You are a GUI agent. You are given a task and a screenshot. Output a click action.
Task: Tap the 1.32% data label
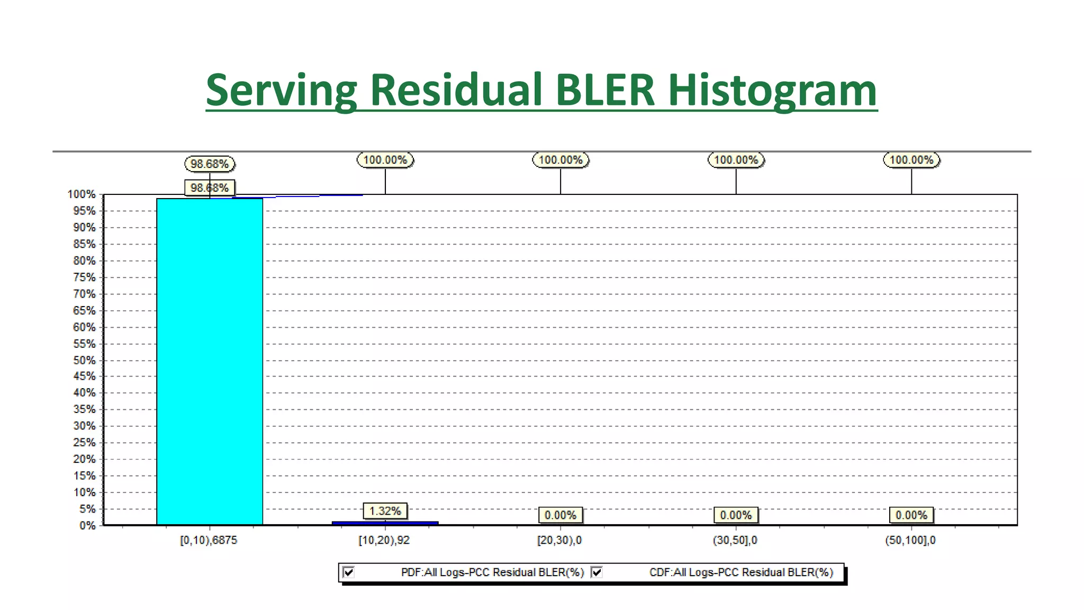click(385, 511)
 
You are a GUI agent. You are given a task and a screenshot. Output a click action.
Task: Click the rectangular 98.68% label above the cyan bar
click(210, 188)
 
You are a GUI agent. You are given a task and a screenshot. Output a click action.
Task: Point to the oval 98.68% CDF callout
click(210, 164)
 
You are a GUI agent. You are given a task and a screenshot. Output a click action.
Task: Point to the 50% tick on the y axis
click(85, 361)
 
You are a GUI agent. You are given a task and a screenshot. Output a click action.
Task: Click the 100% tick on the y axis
click(82, 195)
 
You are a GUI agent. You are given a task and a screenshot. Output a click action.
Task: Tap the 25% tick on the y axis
click(85, 443)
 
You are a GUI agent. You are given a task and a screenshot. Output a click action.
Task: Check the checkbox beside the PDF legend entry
click(349, 572)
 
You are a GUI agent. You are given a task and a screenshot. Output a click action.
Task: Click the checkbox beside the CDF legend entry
click(597, 572)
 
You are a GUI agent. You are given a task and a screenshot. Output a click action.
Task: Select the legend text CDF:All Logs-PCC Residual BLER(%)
click(741, 572)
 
